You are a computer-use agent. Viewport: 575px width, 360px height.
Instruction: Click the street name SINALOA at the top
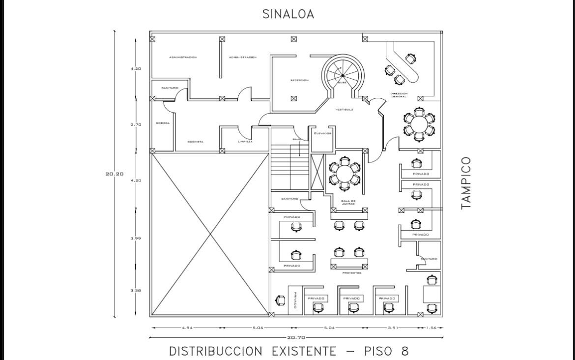288,14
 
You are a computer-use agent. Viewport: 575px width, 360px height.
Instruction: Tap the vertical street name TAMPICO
466,183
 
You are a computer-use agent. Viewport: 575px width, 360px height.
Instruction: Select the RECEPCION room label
299,80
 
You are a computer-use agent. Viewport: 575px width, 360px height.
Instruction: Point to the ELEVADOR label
323,133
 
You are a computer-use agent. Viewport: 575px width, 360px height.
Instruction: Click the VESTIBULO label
344,109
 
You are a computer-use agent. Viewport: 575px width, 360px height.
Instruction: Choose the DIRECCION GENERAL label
399,95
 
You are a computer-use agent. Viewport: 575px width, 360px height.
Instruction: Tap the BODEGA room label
163,123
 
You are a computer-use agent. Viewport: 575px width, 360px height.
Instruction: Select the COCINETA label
195,142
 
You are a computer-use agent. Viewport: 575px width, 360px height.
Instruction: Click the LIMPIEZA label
245,142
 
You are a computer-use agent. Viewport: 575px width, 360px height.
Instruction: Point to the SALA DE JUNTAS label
348,202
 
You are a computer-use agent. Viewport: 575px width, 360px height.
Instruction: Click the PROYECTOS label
352,273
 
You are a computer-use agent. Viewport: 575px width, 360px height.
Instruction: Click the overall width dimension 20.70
296,337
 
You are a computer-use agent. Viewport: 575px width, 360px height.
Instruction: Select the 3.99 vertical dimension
136,239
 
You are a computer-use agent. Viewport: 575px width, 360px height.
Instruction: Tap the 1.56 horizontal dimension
431,328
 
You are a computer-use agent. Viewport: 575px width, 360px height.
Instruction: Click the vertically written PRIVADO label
295,300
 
